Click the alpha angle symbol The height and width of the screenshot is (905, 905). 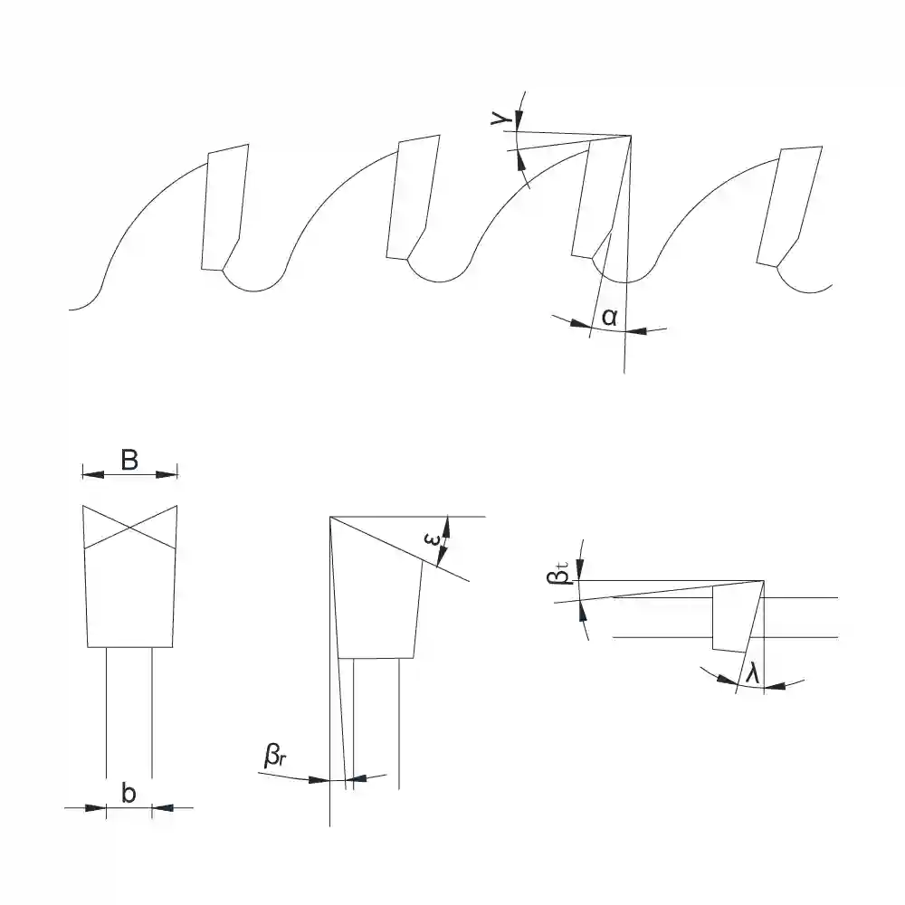pyautogui.click(x=609, y=317)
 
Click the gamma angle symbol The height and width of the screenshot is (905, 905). pyautogui.click(x=500, y=119)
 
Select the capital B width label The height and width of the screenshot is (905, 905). pyautogui.click(x=129, y=460)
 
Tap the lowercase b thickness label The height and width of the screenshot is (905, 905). pyautogui.click(x=129, y=793)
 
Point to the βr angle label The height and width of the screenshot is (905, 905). pyautogui.click(x=275, y=756)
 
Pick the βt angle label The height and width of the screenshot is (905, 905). pyautogui.click(x=557, y=576)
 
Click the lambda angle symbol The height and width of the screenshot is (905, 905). pyautogui.click(x=752, y=672)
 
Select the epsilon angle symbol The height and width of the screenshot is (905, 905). pyautogui.click(x=432, y=539)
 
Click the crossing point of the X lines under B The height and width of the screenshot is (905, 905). pyautogui.click(x=129, y=527)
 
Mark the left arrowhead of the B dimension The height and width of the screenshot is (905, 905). pyautogui.click(x=93, y=474)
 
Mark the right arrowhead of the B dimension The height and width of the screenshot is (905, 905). pyautogui.click(x=167, y=474)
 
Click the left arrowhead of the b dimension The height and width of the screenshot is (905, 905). pyautogui.click(x=96, y=807)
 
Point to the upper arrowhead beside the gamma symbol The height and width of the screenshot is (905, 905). pyautogui.click(x=518, y=120)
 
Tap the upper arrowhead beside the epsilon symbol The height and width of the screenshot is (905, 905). pyautogui.click(x=445, y=527)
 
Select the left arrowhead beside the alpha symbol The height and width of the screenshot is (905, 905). pyautogui.click(x=581, y=324)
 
